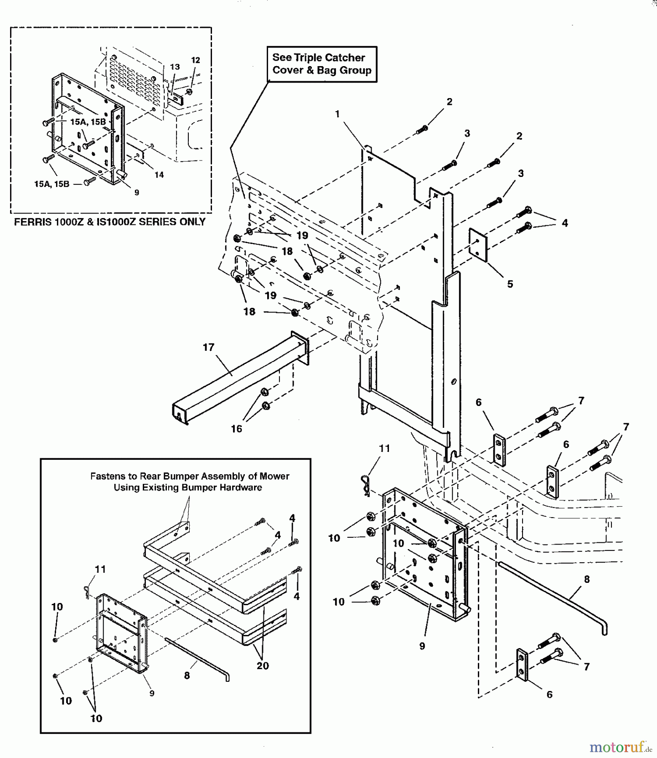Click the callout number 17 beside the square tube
(209, 347)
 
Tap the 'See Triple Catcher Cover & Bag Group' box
(322, 64)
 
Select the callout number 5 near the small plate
(510, 284)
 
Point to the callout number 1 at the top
(338, 114)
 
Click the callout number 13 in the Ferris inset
(175, 67)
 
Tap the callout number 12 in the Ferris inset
(196, 60)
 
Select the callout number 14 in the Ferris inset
(159, 175)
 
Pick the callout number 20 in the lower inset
(263, 666)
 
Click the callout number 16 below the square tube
(236, 428)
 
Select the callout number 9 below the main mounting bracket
(422, 646)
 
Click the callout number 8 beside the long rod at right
(587, 579)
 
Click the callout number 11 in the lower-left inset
(100, 569)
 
